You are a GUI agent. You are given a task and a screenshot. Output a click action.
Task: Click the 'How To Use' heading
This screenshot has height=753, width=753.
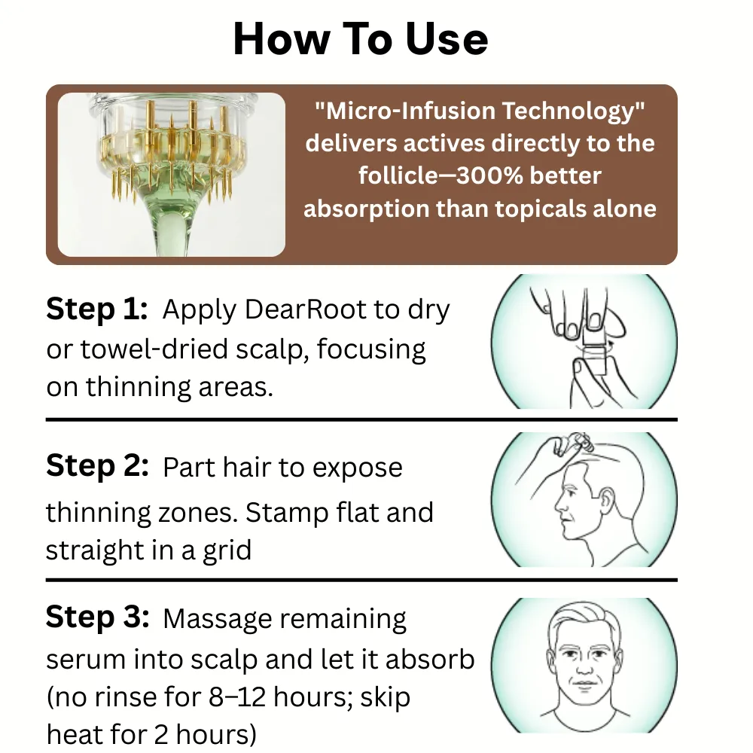coord(361,39)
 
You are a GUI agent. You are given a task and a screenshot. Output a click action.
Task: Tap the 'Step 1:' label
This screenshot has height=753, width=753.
coord(96,308)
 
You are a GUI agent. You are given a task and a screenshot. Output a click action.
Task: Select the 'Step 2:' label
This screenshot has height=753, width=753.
coord(97,466)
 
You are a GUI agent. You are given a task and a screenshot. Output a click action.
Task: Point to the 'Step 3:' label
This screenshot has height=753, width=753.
coord(97,617)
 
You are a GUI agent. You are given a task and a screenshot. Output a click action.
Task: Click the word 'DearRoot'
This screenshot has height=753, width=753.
coord(306,309)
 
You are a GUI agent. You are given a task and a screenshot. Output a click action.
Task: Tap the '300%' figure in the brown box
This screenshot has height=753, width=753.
coord(489,175)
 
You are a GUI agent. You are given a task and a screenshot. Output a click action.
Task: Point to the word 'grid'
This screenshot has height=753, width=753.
coord(227,551)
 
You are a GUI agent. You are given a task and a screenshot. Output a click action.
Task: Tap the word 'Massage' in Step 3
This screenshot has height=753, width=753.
coord(218,620)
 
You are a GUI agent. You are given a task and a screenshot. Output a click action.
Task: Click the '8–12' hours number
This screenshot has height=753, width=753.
coord(237,697)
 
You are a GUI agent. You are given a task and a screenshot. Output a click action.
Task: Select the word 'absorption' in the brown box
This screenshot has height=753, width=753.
coord(367,209)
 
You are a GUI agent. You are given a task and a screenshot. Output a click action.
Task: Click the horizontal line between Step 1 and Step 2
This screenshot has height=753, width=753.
coord(361,419)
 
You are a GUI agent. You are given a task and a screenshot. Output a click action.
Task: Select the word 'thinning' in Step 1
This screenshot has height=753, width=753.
coord(139,387)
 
